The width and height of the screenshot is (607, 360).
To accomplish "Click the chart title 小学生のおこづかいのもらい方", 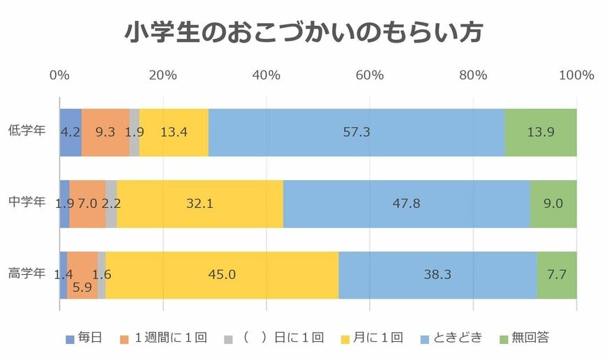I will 303,32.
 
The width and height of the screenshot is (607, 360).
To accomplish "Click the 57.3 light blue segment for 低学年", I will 357,133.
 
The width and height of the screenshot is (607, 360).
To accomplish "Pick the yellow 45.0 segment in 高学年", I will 222,274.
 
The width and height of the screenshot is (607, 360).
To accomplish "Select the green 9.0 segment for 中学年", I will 553,204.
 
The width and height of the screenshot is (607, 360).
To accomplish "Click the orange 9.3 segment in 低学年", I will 105,133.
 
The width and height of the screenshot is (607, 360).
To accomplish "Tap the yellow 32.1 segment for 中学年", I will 200,204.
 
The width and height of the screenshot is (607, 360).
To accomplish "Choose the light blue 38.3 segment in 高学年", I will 437,274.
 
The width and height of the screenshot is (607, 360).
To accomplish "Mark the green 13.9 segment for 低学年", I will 541,133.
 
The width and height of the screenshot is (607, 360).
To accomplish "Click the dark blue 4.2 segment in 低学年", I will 70,133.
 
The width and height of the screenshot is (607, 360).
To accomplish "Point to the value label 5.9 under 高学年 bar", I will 82,287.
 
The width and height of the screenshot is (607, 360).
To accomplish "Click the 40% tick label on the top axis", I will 267,75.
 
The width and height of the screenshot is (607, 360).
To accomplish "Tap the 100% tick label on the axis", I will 576,75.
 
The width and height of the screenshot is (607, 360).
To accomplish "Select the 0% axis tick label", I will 60,75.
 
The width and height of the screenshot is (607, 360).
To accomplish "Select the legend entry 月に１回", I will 377,338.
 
